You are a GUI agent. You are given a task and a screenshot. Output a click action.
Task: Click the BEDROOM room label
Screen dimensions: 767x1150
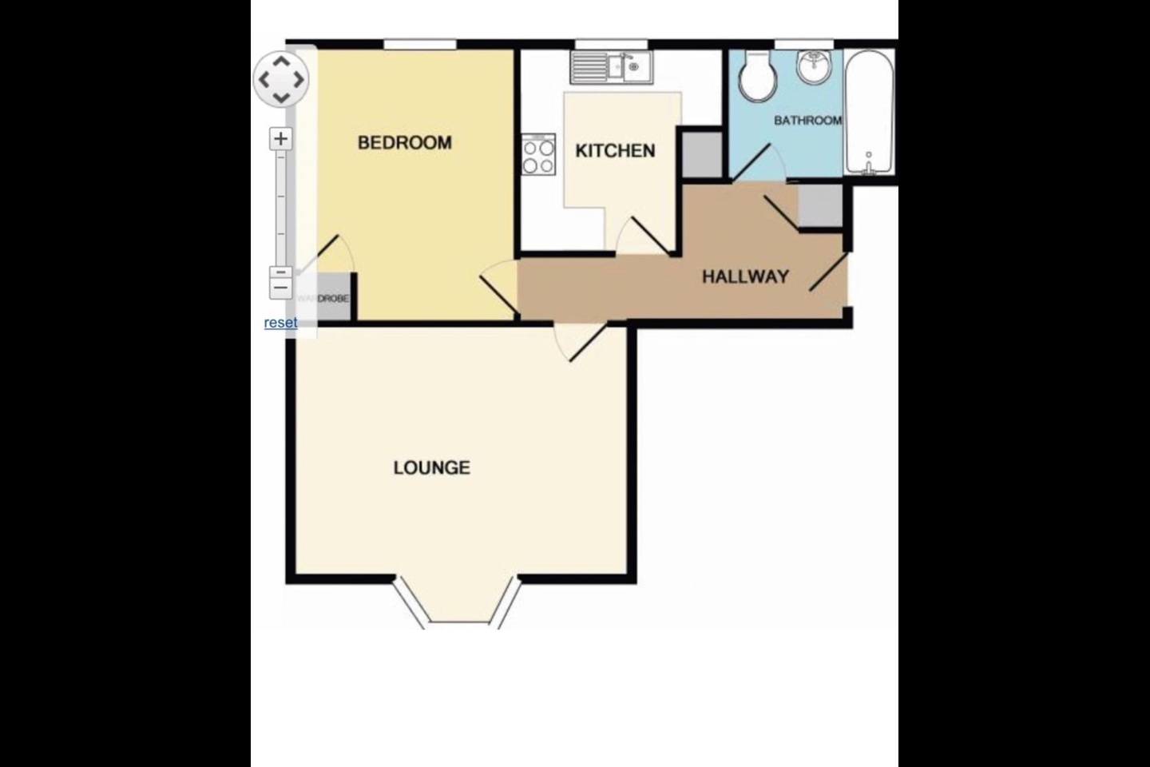click(x=404, y=143)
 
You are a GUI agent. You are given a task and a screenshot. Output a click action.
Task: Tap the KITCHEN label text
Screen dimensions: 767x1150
click(x=615, y=151)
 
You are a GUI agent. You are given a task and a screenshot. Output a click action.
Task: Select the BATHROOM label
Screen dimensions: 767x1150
click(x=807, y=121)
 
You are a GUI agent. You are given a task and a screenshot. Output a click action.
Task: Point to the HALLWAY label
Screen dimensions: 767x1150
click(x=745, y=277)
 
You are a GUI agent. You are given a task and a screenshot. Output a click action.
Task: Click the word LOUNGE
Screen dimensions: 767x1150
click(x=431, y=467)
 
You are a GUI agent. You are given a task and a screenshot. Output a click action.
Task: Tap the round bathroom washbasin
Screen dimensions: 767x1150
click(x=814, y=67)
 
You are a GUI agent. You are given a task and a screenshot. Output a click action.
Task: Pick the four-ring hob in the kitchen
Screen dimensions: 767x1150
click(x=539, y=155)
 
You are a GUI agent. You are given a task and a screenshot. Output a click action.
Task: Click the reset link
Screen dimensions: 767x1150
click(x=280, y=323)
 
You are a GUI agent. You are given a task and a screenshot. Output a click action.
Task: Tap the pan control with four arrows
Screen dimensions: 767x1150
click(x=280, y=79)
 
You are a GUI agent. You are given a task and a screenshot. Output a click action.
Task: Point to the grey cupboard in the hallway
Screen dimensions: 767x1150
click(x=820, y=205)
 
